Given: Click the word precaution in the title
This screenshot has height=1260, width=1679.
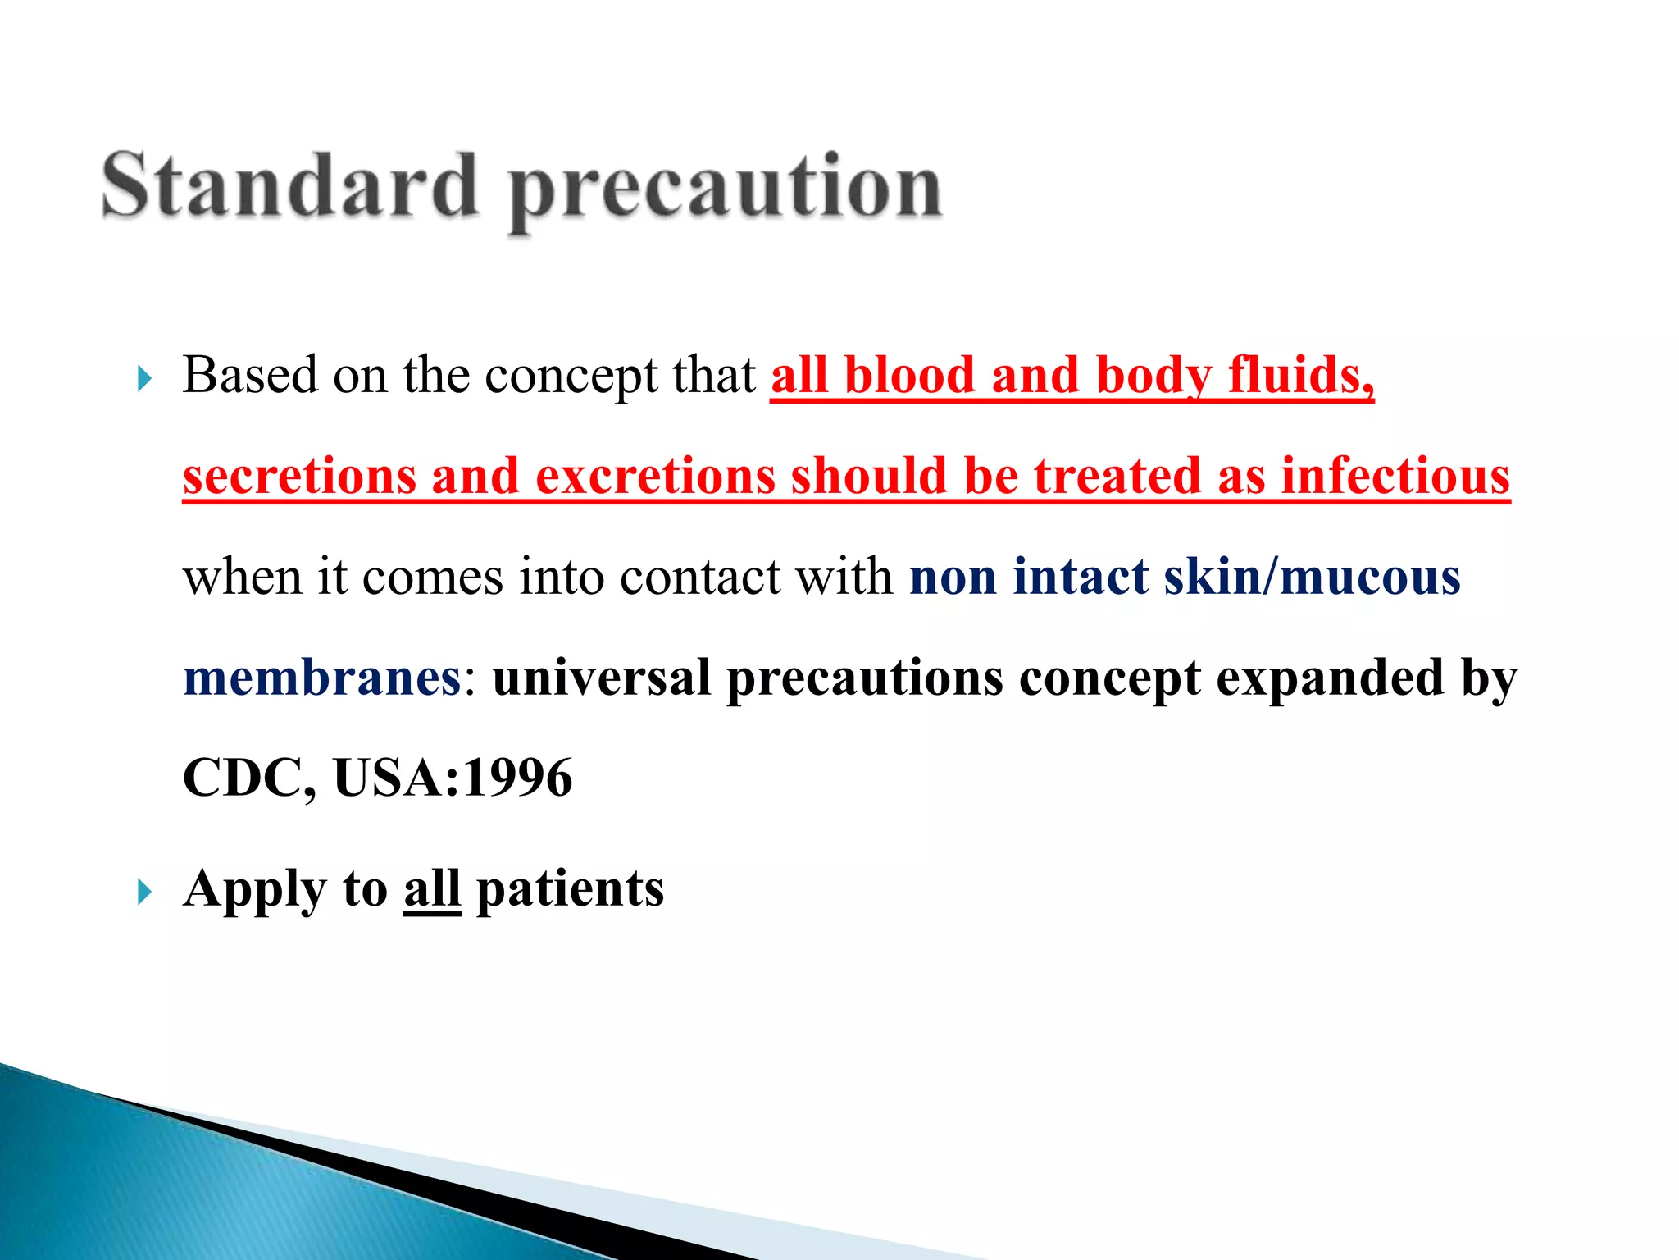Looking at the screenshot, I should (725, 190).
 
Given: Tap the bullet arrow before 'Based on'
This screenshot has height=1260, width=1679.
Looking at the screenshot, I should (144, 379).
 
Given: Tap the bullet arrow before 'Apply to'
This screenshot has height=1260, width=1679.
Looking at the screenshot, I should (144, 891).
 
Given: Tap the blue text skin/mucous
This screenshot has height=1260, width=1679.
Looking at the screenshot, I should (1312, 577).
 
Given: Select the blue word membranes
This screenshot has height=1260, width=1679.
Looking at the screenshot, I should (322, 678).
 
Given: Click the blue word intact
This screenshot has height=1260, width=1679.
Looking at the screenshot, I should (1080, 577).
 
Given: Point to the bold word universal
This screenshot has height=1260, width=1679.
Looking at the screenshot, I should (601, 678).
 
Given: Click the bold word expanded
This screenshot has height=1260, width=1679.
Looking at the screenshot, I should (1329, 678).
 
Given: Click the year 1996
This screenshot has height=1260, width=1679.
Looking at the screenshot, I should (517, 778).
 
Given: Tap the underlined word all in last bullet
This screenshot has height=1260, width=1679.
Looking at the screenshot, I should (431, 889).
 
